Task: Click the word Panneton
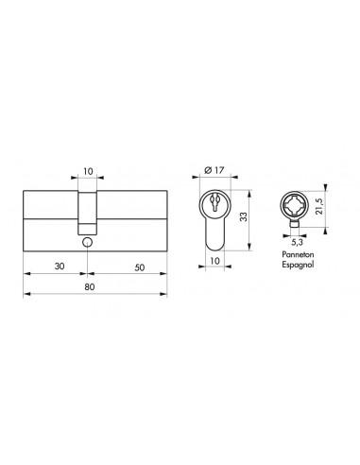tap(297, 257)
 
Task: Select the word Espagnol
tap(297, 267)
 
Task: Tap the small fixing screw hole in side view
tap(86, 242)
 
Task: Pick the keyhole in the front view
tap(217, 203)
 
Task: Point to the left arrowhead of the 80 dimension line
tap(24, 295)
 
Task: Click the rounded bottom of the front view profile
tap(217, 244)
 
